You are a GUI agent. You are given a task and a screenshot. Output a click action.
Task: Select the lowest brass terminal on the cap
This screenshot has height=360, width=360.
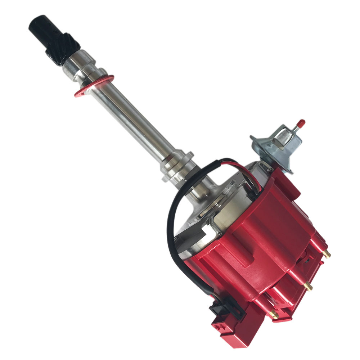point(274,314)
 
